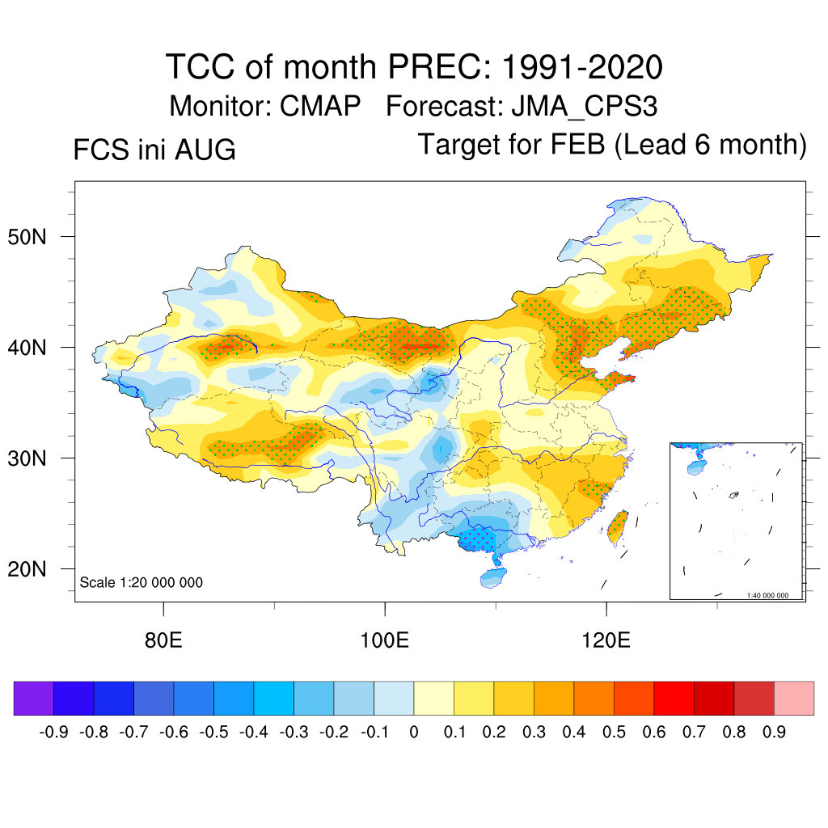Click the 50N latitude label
[27, 237]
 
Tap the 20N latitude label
[27, 569]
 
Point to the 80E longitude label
[163, 640]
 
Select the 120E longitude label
[606, 640]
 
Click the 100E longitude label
[384, 640]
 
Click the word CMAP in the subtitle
[320, 106]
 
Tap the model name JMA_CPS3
[585, 107]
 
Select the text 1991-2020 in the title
[582, 67]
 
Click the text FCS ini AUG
[154, 150]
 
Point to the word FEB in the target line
[577, 144]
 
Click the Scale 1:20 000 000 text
[141, 582]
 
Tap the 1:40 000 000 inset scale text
[767, 595]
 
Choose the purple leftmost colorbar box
[34, 698]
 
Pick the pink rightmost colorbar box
[794, 698]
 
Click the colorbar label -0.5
[213, 732]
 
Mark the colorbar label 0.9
[774, 732]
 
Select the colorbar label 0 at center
[414, 732]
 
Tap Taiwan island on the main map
[618, 527]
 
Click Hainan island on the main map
[492, 577]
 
